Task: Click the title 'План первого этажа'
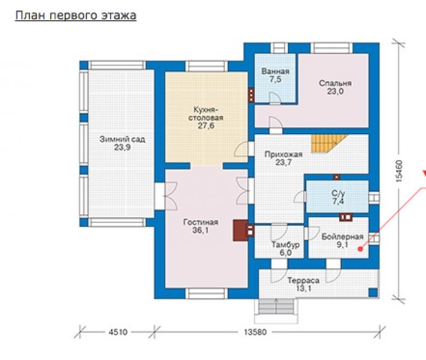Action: [x=75, y=15]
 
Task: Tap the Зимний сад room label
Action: [x=122, y=139]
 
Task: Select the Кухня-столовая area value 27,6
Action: [x=206, y=126]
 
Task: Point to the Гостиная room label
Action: [x=201, y=222]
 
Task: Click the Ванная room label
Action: [x=275, y=71]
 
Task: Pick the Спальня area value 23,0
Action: [x=335, y=91]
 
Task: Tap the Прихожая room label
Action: [x=283, y=154]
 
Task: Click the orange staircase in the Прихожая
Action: [x=329, y=143]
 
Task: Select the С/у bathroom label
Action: [x=338, y=193]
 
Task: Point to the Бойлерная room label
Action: [x=343, y=237]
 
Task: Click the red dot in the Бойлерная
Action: [x=360, y=249]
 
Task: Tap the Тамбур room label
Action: [x=286, y=245]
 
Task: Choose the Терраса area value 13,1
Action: [x=303, y=288]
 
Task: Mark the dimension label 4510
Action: [x=118, y=332]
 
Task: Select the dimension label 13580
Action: [x=255, y=332]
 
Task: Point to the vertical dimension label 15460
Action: [x=399, y=171]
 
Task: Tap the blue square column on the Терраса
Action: [x=373, y=293]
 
